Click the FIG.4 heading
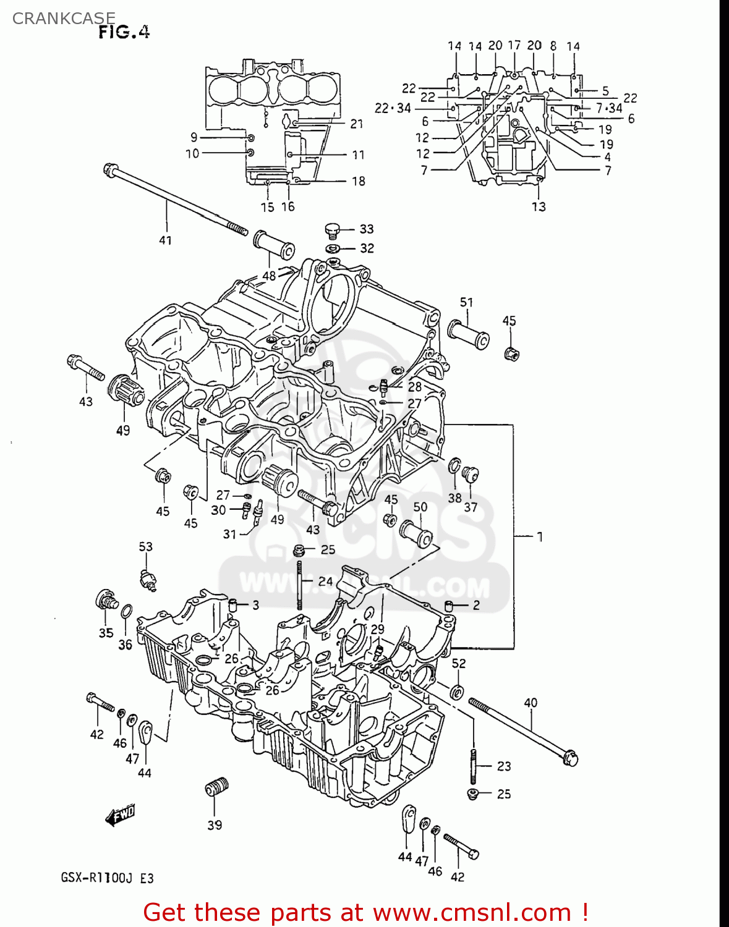coord(124,32)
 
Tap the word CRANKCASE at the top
coord(64,19)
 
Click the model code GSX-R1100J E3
coord(107,878)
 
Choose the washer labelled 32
coord(333,248)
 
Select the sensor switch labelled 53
coord(148,580)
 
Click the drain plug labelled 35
coord(106,600)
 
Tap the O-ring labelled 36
coord(126,612)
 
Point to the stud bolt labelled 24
coord(300,584)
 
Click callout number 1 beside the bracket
coord(539,536)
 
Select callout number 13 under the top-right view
coord(539,206)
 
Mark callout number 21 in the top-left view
coord(357,124)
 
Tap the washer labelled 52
coord(457,692)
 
